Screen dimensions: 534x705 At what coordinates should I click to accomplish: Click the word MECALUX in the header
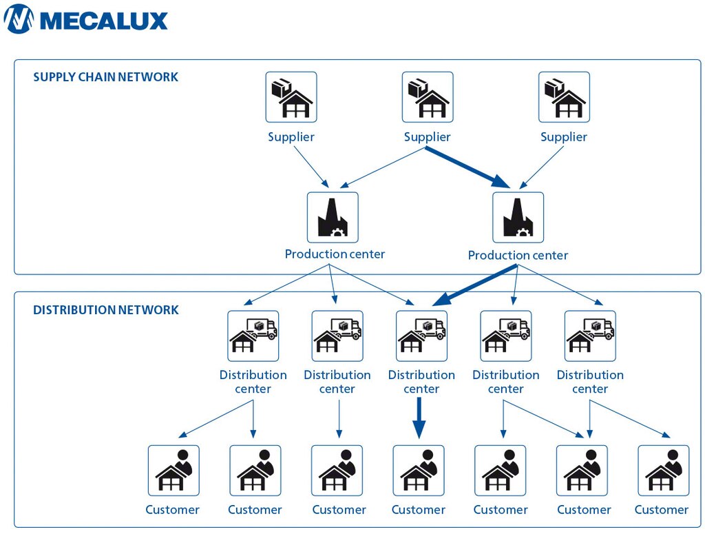104,20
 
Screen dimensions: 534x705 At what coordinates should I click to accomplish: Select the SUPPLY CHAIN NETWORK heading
105,77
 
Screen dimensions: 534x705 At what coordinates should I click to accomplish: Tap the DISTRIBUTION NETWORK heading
105,310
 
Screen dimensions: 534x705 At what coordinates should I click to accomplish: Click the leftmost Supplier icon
291,97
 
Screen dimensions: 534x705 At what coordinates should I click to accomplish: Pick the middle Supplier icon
428,97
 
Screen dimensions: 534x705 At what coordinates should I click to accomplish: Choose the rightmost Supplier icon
564,97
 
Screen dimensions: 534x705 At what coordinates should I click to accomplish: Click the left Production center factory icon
333,217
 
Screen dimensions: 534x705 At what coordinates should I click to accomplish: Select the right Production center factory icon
518,217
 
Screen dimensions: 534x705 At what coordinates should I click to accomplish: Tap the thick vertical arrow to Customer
419,418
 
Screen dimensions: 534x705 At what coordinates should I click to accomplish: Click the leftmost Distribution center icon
253,336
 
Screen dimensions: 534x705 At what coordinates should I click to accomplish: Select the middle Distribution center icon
421,336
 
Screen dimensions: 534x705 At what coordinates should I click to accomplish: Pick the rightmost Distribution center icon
590,336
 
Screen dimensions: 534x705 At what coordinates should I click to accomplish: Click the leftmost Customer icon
173,470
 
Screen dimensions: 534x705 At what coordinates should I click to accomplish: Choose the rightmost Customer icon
663,470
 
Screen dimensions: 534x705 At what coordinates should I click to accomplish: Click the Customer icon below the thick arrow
419,470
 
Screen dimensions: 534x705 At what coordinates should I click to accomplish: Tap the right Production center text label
518,255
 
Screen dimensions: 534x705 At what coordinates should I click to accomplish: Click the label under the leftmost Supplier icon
291,137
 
